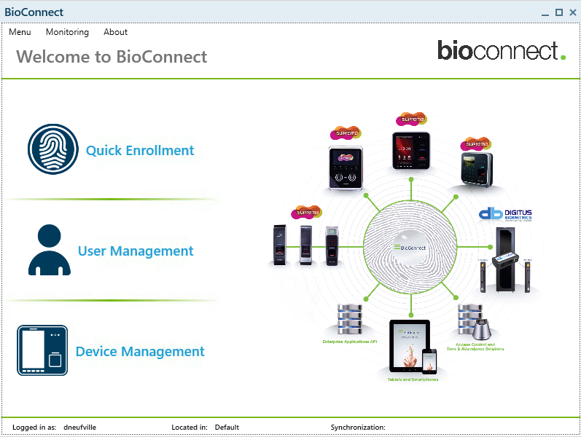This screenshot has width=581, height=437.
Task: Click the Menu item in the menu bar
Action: (x=20, y=32)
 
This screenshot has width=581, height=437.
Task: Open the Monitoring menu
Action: (x=67, y=32)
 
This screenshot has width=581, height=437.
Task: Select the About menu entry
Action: (x=115, y=32)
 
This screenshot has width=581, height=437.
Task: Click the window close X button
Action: (x=572, y=12)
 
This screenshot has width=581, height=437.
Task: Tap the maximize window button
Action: (x=559, y=12)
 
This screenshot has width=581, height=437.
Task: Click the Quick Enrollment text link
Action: (x=140, y=151)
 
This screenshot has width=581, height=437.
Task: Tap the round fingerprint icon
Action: (x=52, y=149)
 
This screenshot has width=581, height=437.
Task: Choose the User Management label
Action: (x=136, y=251)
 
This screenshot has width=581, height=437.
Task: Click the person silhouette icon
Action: (x=50, y=250)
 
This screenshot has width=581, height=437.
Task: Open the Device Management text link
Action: (x=140, y=352)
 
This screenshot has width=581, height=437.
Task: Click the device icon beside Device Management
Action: (x=42, y=350)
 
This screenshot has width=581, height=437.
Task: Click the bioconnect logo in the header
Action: (x=501, y=50)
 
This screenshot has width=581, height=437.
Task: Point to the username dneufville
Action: (x=81, y=428)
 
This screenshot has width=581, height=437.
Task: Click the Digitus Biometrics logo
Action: (x=505, y=214)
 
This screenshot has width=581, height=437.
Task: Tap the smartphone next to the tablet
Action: (x=429, y=360)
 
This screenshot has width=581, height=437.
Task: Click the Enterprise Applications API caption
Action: (x=349, y=341)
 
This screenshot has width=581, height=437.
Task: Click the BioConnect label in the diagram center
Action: (x=413, y=248)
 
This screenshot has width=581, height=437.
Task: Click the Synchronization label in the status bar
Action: (x=358, y=428)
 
